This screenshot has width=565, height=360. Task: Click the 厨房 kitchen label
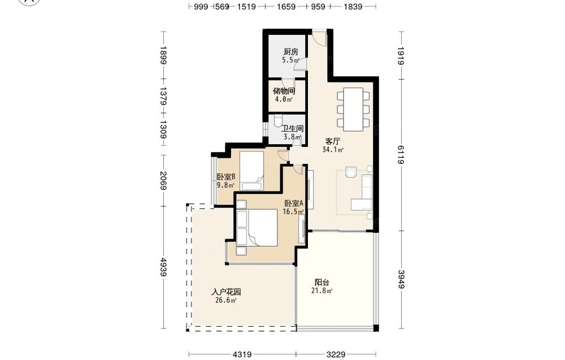(291, 52)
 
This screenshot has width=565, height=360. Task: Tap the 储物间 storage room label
(284, 91)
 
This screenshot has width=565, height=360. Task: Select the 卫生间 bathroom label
(292, 129)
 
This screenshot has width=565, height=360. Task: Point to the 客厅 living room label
(333, 141)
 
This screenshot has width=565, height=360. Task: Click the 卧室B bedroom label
(226, 177)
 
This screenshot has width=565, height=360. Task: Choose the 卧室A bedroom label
(294, 203)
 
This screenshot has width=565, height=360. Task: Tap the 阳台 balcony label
(322, 283)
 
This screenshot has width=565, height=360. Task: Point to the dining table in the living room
(353, 109)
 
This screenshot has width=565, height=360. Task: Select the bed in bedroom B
(251, 171)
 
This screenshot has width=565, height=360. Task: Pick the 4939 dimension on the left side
(164, 267)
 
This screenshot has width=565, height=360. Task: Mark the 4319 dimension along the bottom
(242, 354)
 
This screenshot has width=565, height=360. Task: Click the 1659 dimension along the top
(286, 6)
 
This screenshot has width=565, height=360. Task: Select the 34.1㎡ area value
(333, 149)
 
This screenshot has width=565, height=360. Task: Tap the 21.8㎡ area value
(322, 291)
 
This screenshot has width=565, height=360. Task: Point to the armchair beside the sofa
(351, 172)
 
